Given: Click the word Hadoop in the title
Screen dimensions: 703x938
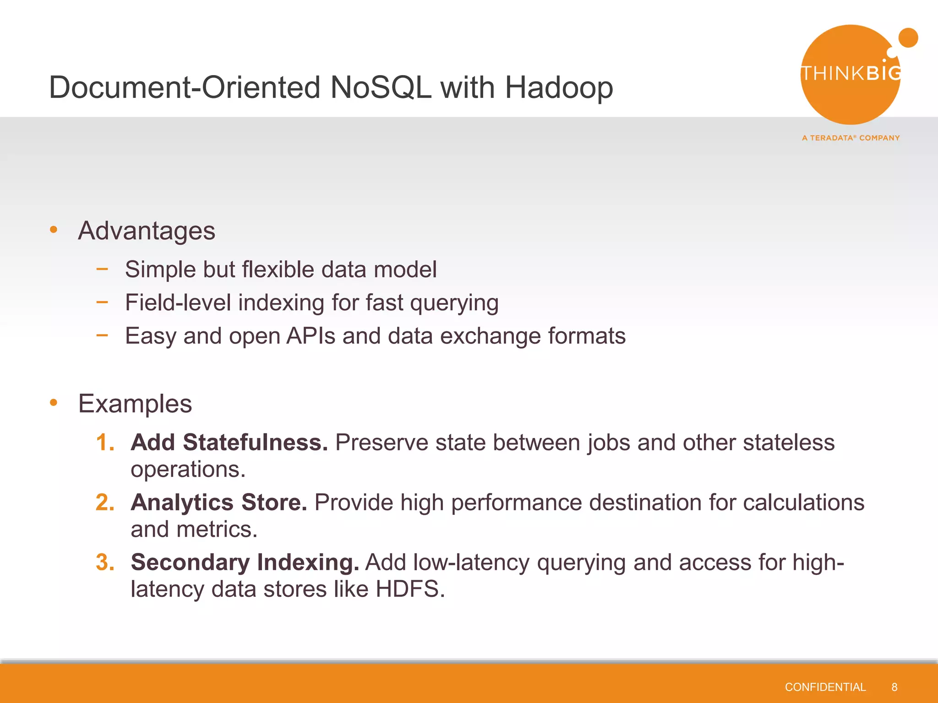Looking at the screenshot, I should tap(559, 88).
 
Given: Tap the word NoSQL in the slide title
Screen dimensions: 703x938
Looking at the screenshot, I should tap(380, 88).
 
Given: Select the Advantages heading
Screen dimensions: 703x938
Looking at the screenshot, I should tap(147, 231).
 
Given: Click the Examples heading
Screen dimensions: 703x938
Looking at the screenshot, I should tap(135, 404).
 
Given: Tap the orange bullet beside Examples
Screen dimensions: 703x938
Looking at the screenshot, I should tap(54, 402).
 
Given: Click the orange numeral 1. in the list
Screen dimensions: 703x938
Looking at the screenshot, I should tap(105, 443).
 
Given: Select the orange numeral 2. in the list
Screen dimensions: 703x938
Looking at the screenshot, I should tap(105, 503).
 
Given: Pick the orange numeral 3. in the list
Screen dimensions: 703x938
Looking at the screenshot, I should tap(105, 562).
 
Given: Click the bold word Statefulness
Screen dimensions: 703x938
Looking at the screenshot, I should tap(255, 443).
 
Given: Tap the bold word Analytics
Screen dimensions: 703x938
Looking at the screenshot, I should tap(182, 503).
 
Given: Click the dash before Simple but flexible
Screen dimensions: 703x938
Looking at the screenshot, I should tap(102, 269).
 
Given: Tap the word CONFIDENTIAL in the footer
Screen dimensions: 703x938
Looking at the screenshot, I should tap(825, 687).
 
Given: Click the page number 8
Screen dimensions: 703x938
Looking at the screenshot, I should tap(894, 687).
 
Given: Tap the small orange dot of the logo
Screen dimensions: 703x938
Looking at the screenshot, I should tap(908, 38).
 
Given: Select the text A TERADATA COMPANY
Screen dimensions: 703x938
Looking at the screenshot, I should tap(851, 138).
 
